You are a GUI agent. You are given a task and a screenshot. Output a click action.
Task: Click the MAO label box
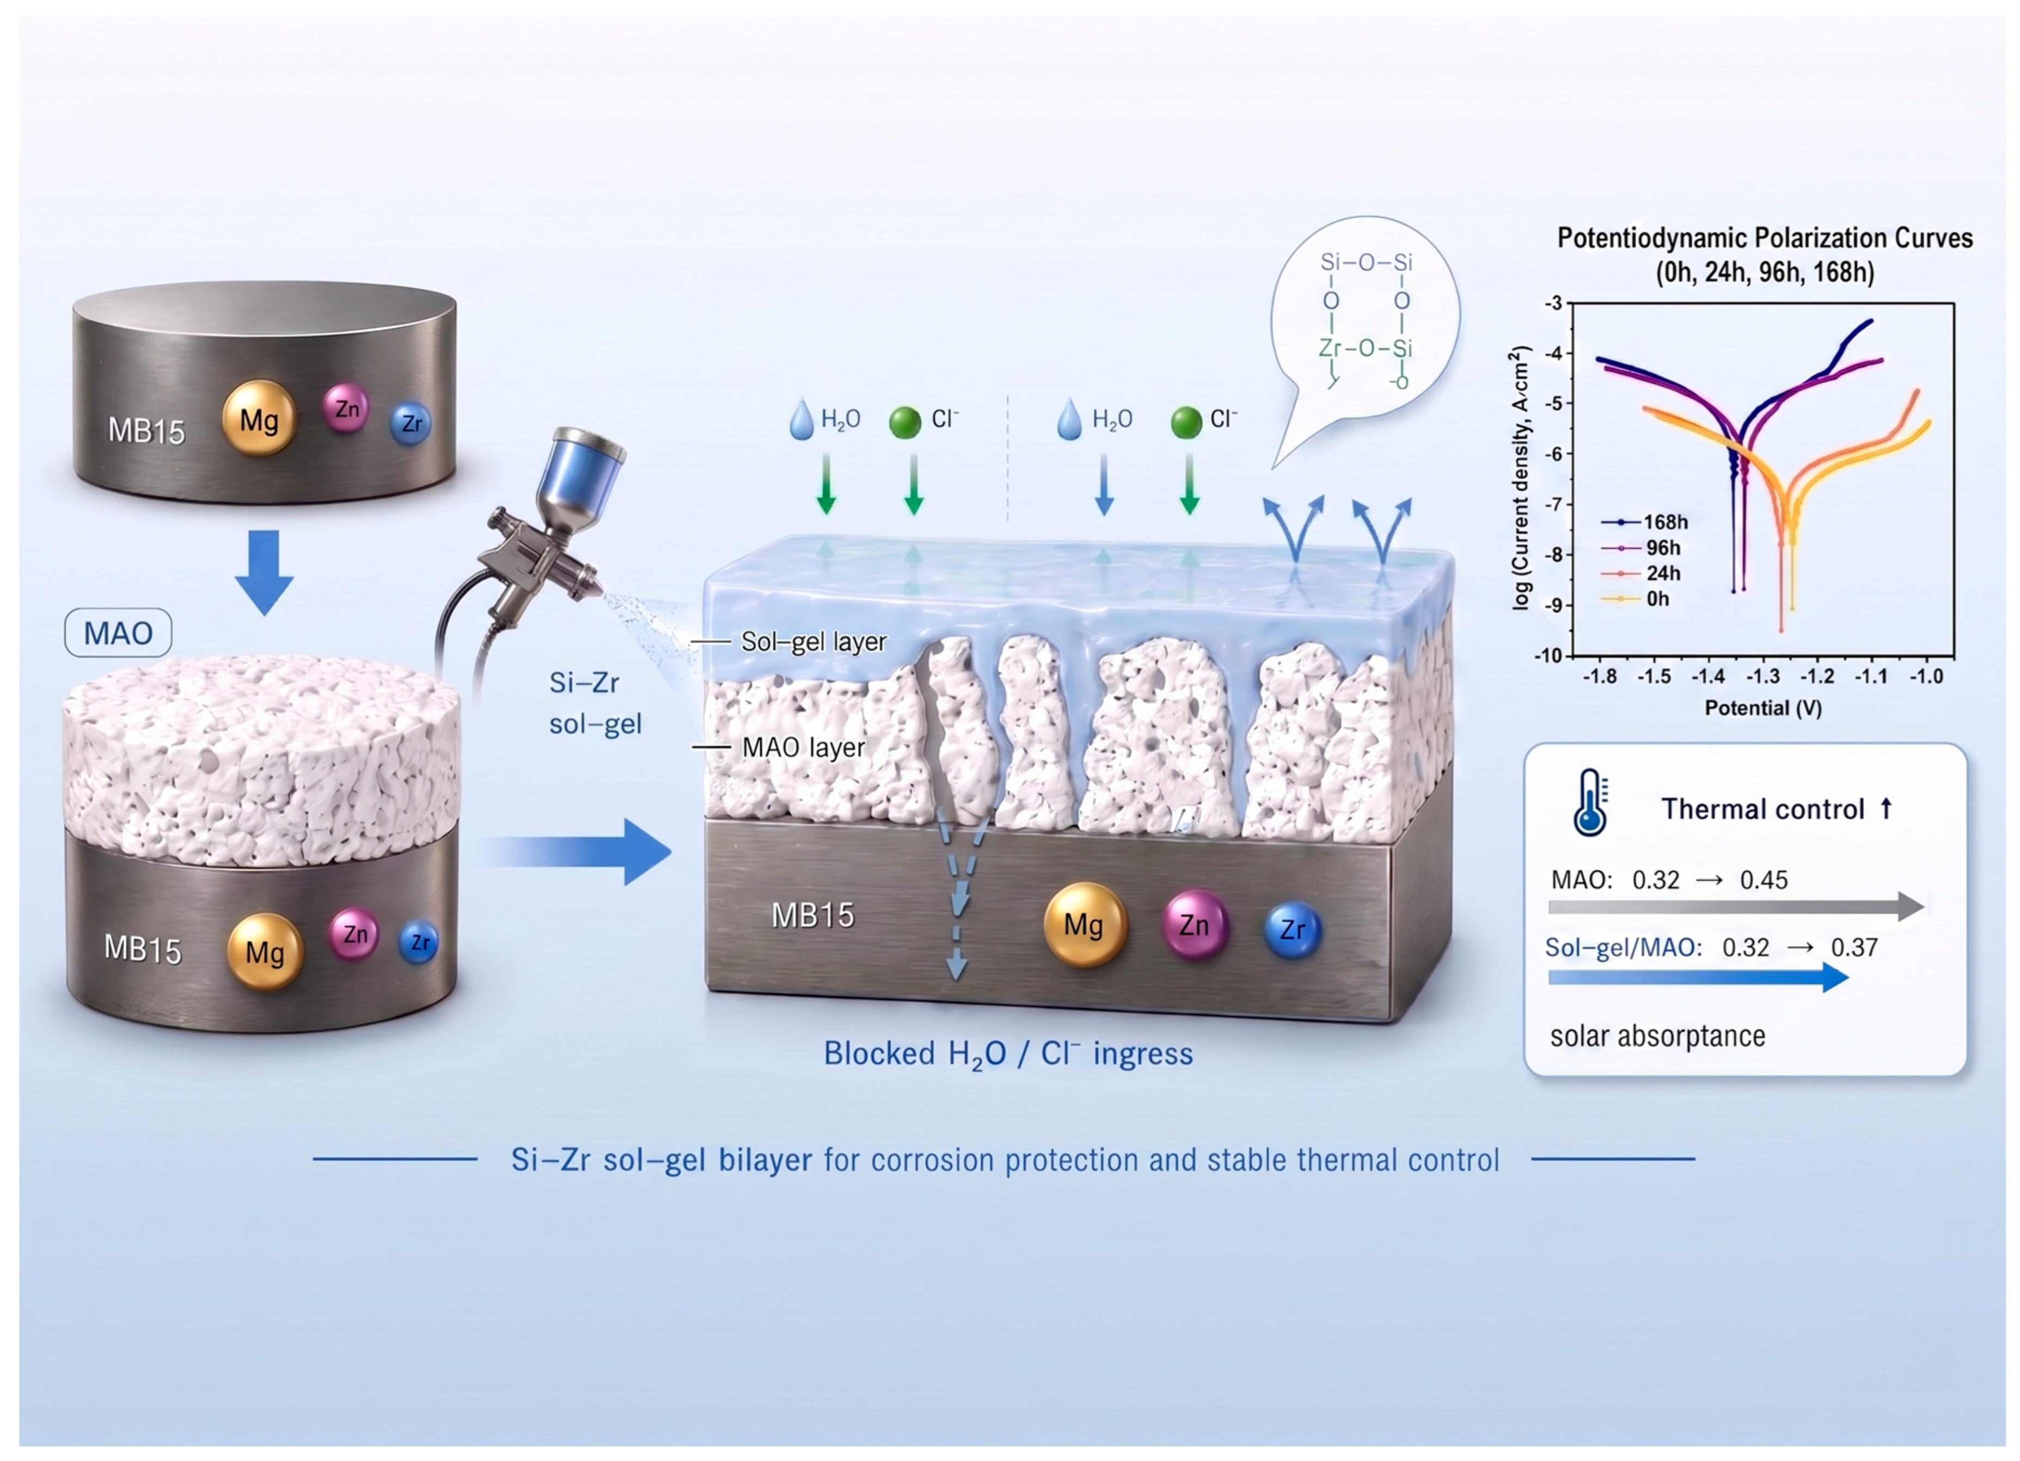click(119, 634)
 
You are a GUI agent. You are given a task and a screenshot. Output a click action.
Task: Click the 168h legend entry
click(1644, 522)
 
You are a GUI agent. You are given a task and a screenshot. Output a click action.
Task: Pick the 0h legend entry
click(1635, 599)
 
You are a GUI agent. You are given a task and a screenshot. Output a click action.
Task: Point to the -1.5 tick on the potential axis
click(1654, 676)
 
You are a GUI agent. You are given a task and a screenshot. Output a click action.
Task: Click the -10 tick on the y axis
click(1548, 656)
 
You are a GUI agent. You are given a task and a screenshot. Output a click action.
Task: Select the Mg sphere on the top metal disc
click(258, 419)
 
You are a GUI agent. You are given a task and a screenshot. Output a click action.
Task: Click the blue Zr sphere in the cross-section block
click(1293, 929)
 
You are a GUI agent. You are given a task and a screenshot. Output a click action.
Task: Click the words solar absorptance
click(1657, 1036)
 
